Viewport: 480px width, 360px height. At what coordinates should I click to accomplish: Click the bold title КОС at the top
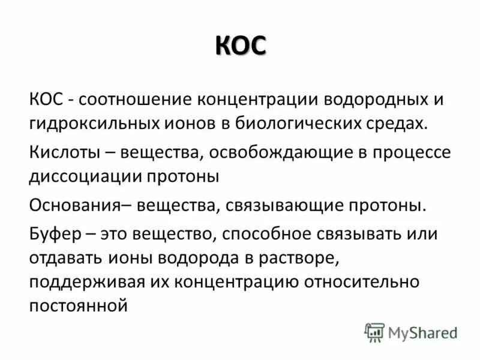pos(240,47)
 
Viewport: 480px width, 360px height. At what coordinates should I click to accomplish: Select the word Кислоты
pos(64,152)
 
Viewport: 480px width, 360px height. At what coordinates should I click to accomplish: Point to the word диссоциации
pos(88,178)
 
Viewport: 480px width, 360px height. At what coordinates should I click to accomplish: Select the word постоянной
pos(79,306)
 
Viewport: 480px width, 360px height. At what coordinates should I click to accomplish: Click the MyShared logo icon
pos(374,332)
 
